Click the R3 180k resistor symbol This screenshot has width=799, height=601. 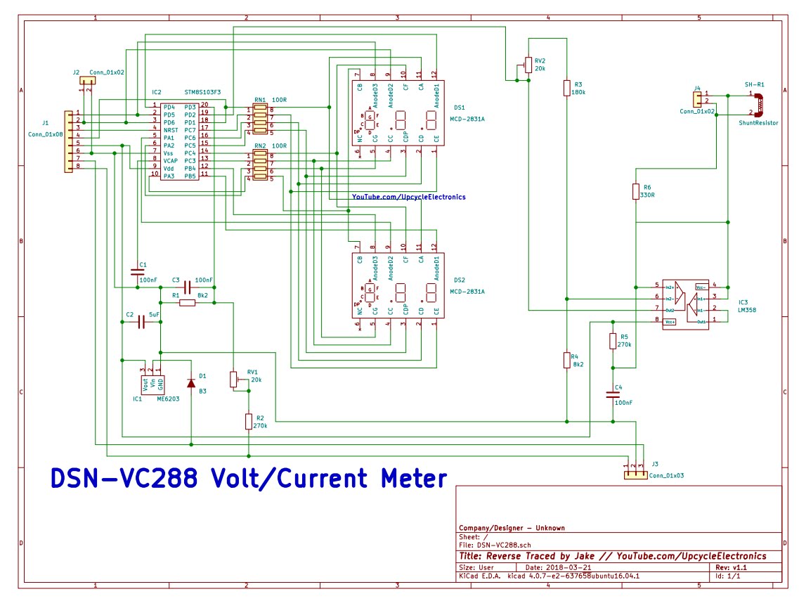coord(566,87)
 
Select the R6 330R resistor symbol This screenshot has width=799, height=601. coord(636,191)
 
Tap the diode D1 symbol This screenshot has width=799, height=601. coord(191,382)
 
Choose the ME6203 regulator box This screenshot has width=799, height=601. coord(153,384)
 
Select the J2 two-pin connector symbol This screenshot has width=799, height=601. coord(86,80)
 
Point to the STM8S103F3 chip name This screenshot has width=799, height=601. coord(202,92)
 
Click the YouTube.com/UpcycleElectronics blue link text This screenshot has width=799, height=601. coord(408,198)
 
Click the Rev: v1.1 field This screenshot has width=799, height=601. coord(731,567)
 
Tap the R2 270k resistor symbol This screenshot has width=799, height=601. coord(248,421)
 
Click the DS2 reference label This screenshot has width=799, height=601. coord(460,280)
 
